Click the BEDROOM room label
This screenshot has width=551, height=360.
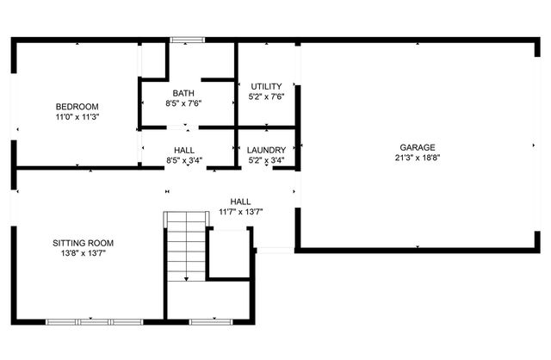click(77, 106)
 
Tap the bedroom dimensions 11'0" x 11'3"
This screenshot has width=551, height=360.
click(77, 116)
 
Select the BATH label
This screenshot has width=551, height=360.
click(183, 93)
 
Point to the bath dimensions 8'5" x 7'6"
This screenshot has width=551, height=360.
click(183, 103)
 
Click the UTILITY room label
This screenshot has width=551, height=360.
click(266, 87)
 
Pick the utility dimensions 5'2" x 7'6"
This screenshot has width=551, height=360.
click(266, 97)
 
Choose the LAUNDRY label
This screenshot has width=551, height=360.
click(266, 150)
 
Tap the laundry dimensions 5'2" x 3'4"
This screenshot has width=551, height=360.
click(266, 160)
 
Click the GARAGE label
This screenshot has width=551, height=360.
click(417, 147)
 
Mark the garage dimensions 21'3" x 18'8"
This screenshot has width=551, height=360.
click(417, 158)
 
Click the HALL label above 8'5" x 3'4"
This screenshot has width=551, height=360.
click(183, 150)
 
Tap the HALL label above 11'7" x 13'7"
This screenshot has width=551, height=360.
click(240, 202)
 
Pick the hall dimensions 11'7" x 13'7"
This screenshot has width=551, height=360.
click(240, 212)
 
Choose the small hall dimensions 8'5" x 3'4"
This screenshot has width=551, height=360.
click(183, 160)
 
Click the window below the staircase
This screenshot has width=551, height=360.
click(206, 321)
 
